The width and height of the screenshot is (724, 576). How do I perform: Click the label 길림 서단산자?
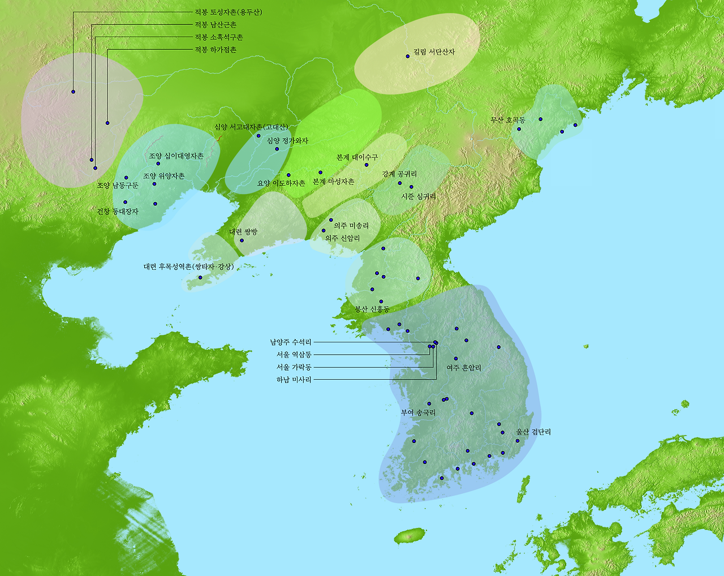pos(434,52)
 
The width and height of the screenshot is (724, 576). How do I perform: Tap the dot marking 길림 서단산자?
pos(408,56)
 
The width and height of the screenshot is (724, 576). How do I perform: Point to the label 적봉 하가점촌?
pos(216,50)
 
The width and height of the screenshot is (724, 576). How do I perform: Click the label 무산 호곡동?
pos(508,120)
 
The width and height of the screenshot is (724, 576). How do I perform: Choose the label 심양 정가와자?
pos(287,141)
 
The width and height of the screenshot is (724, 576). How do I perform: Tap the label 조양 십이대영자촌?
pos(176,156)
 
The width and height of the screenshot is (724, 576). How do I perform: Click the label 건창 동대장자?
pos(118,212)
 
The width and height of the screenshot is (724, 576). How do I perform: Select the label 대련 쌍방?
pos(243,232)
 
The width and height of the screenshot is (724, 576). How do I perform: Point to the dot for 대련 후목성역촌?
pos(200,277)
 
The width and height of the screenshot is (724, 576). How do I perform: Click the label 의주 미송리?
pos(351,226)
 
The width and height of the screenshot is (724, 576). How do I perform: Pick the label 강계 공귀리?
pos(399,174)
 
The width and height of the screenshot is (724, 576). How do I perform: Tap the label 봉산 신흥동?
pos(372,310)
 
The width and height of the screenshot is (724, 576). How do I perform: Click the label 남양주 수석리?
pos(291,342)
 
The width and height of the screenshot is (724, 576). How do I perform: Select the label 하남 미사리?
pos(294,380)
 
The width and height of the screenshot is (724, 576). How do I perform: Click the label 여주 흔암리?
pos(464,368)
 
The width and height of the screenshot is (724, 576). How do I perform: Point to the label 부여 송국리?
pos(419,413)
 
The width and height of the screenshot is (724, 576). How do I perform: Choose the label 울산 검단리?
pos(533,432)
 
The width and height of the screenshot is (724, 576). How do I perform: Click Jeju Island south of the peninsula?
pos(410,535)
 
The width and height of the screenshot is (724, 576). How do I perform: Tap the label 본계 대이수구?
pos(357,157)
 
